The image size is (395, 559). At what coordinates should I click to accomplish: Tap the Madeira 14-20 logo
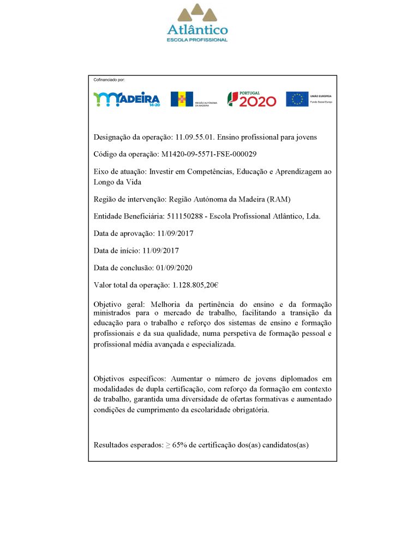pos(127,99)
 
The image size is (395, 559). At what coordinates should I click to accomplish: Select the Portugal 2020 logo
pos(252,99)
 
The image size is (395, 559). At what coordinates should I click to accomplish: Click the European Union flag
pos(297,99)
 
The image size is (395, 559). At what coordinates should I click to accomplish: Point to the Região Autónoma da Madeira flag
pos(182,99)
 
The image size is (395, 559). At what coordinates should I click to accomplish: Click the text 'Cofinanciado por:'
pos(109,80)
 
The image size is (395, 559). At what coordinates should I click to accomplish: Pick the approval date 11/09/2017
pos(175,233)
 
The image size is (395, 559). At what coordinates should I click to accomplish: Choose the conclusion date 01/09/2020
pos(173,267)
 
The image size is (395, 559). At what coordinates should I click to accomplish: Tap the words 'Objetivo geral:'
pos(116,304)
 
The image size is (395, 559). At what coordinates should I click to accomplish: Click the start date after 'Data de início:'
pos(160,251)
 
